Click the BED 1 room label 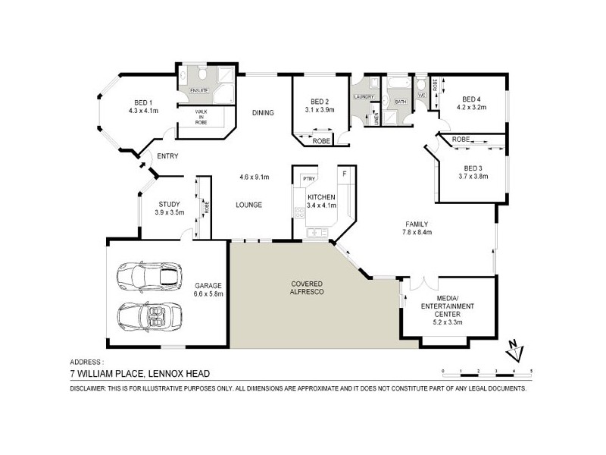(144, 102)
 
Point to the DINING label (263, 113)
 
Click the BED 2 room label (319, 102)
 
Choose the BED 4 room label (471, 99)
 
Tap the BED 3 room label (473, 168)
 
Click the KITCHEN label (321, 197)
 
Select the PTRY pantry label (308, 178)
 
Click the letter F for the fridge (345, 174)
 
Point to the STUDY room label (169, 204)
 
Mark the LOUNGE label (248, 205)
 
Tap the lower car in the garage (151, 314)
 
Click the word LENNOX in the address (154, 373)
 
